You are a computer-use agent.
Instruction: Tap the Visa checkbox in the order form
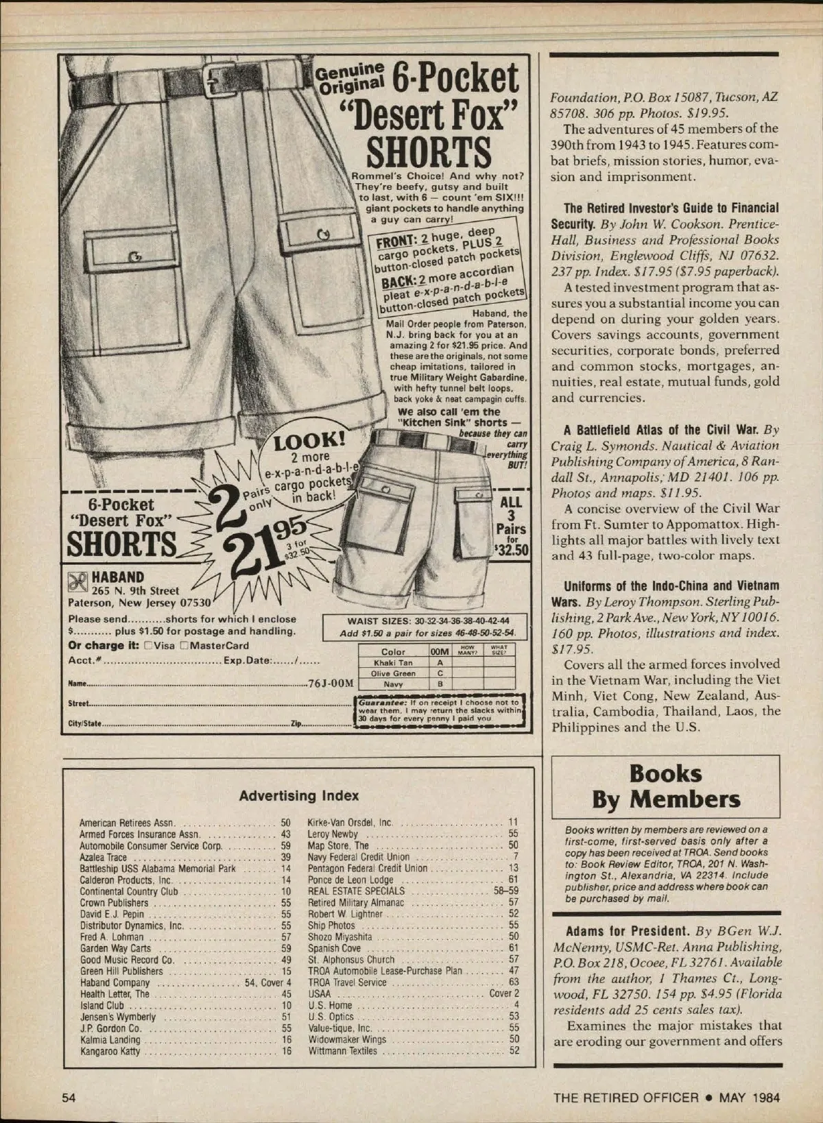coord(147,645)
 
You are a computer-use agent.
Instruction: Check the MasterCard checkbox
coord(184,645)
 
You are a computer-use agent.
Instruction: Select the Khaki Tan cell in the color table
coord(393,663)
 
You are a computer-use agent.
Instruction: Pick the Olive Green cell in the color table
coord(393,673)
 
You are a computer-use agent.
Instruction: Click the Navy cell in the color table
coord(393,684)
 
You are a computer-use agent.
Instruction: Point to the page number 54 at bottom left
coord(69,1098)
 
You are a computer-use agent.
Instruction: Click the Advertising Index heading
coord(298,795)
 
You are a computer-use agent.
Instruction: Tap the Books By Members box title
coord(665,786)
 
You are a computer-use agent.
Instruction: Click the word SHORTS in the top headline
coord(429,152)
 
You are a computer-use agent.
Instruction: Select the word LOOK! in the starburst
coord(309,441)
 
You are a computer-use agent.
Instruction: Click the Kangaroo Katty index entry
coord(110,1051)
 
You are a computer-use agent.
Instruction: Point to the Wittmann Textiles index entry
coord(342,1051)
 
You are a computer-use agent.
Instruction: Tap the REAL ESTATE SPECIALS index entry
coord(356,891)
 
